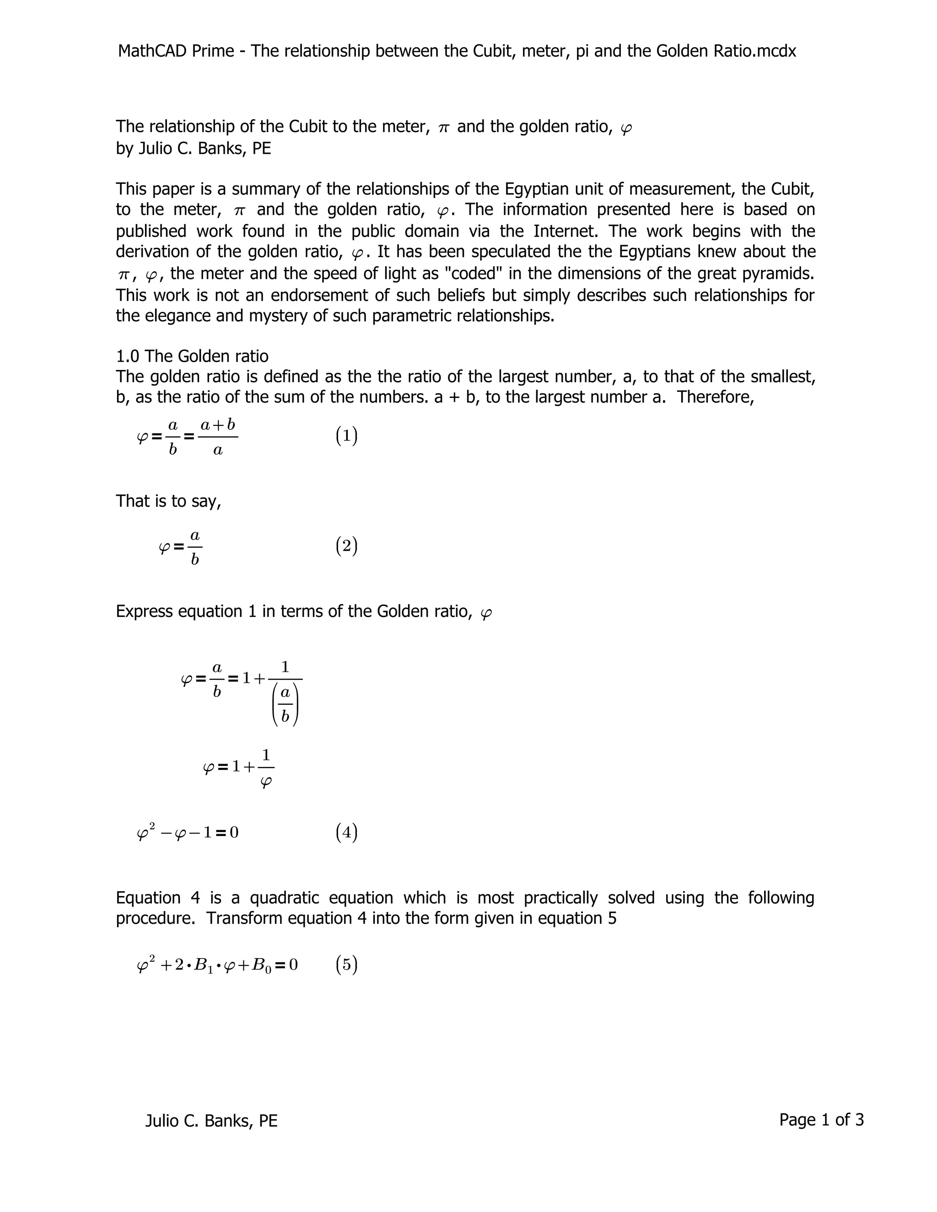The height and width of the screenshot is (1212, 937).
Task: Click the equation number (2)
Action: click(x=346, y=546)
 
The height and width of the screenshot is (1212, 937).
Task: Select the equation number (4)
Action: click(x=346, y=832)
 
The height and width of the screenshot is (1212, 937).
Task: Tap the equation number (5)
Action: click(x=346, y=965)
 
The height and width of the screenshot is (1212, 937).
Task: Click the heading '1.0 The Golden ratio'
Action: click(x=192, y=356)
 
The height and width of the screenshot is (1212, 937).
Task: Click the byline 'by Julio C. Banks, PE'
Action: click(x=193, y=149)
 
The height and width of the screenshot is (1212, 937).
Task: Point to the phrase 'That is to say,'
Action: click(x=168, y=501)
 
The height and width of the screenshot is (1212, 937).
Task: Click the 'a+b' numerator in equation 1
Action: click(x=218, y=425)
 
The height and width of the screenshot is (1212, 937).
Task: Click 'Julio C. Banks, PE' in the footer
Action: click(x=211, y=1121)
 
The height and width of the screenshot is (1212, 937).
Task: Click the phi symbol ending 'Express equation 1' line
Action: click(x=486, y=613)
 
